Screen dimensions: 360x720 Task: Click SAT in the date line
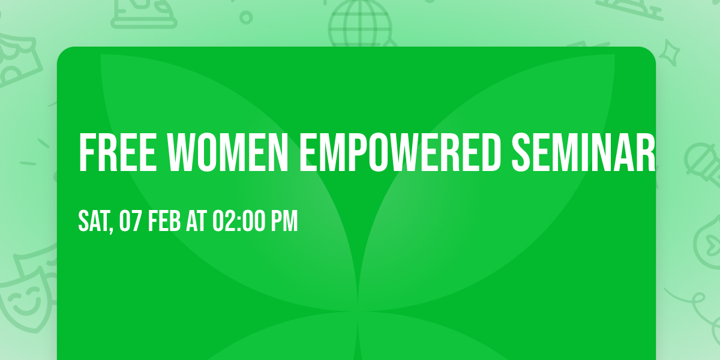tap(93, 221)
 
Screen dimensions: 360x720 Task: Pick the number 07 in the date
tap(130, 221)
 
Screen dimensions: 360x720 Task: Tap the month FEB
tap(164, 221)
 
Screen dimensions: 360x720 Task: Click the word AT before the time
tap(196, 221)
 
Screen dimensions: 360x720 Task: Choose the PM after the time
tap(284, 221)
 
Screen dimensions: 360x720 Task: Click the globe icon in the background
tap(359, 21)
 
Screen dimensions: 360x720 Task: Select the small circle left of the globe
tap(245, 17)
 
